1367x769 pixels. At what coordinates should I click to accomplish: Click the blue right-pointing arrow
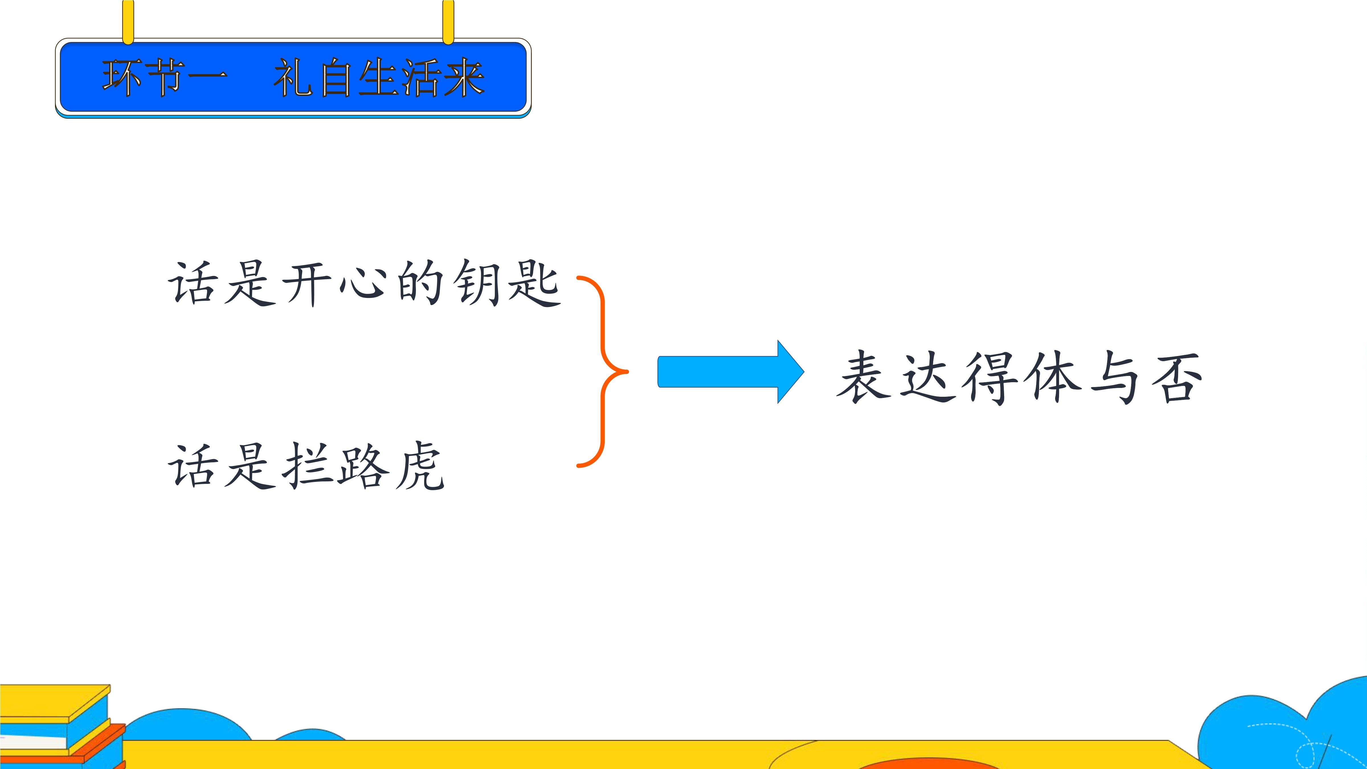point(731,371)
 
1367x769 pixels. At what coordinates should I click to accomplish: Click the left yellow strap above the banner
point(128,21)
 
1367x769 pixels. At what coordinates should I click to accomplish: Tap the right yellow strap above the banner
point(448,21)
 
